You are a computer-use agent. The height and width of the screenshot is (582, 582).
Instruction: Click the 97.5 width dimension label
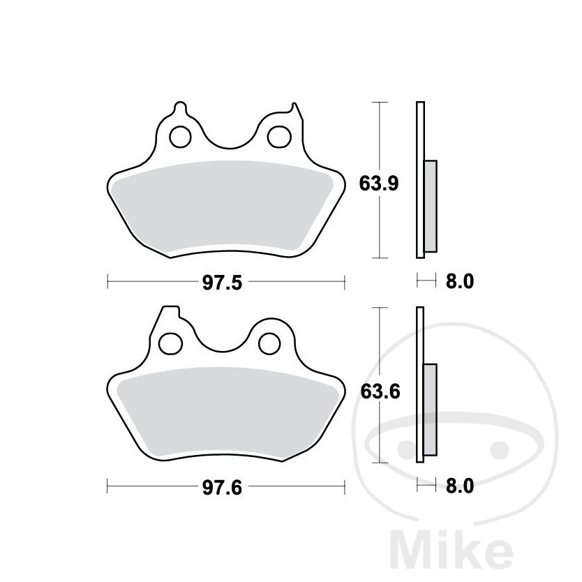[222, 283]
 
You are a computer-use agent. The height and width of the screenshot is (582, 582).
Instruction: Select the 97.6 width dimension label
[222, 488]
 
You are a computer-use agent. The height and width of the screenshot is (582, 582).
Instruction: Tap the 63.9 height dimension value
[379, 184]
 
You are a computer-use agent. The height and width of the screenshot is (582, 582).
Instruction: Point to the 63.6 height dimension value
[380, 391]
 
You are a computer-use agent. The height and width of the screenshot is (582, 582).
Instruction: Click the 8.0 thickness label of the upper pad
[460, 281]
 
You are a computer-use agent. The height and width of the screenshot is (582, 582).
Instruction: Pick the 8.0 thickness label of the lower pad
[460, 486]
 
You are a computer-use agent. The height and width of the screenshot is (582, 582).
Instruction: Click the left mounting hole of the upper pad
[180, 137]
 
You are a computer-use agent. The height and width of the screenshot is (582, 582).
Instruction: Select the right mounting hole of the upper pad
[279, 137]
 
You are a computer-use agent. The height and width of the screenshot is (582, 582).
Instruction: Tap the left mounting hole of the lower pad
[170, 343]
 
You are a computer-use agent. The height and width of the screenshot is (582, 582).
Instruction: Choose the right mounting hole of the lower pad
[269, 343]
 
